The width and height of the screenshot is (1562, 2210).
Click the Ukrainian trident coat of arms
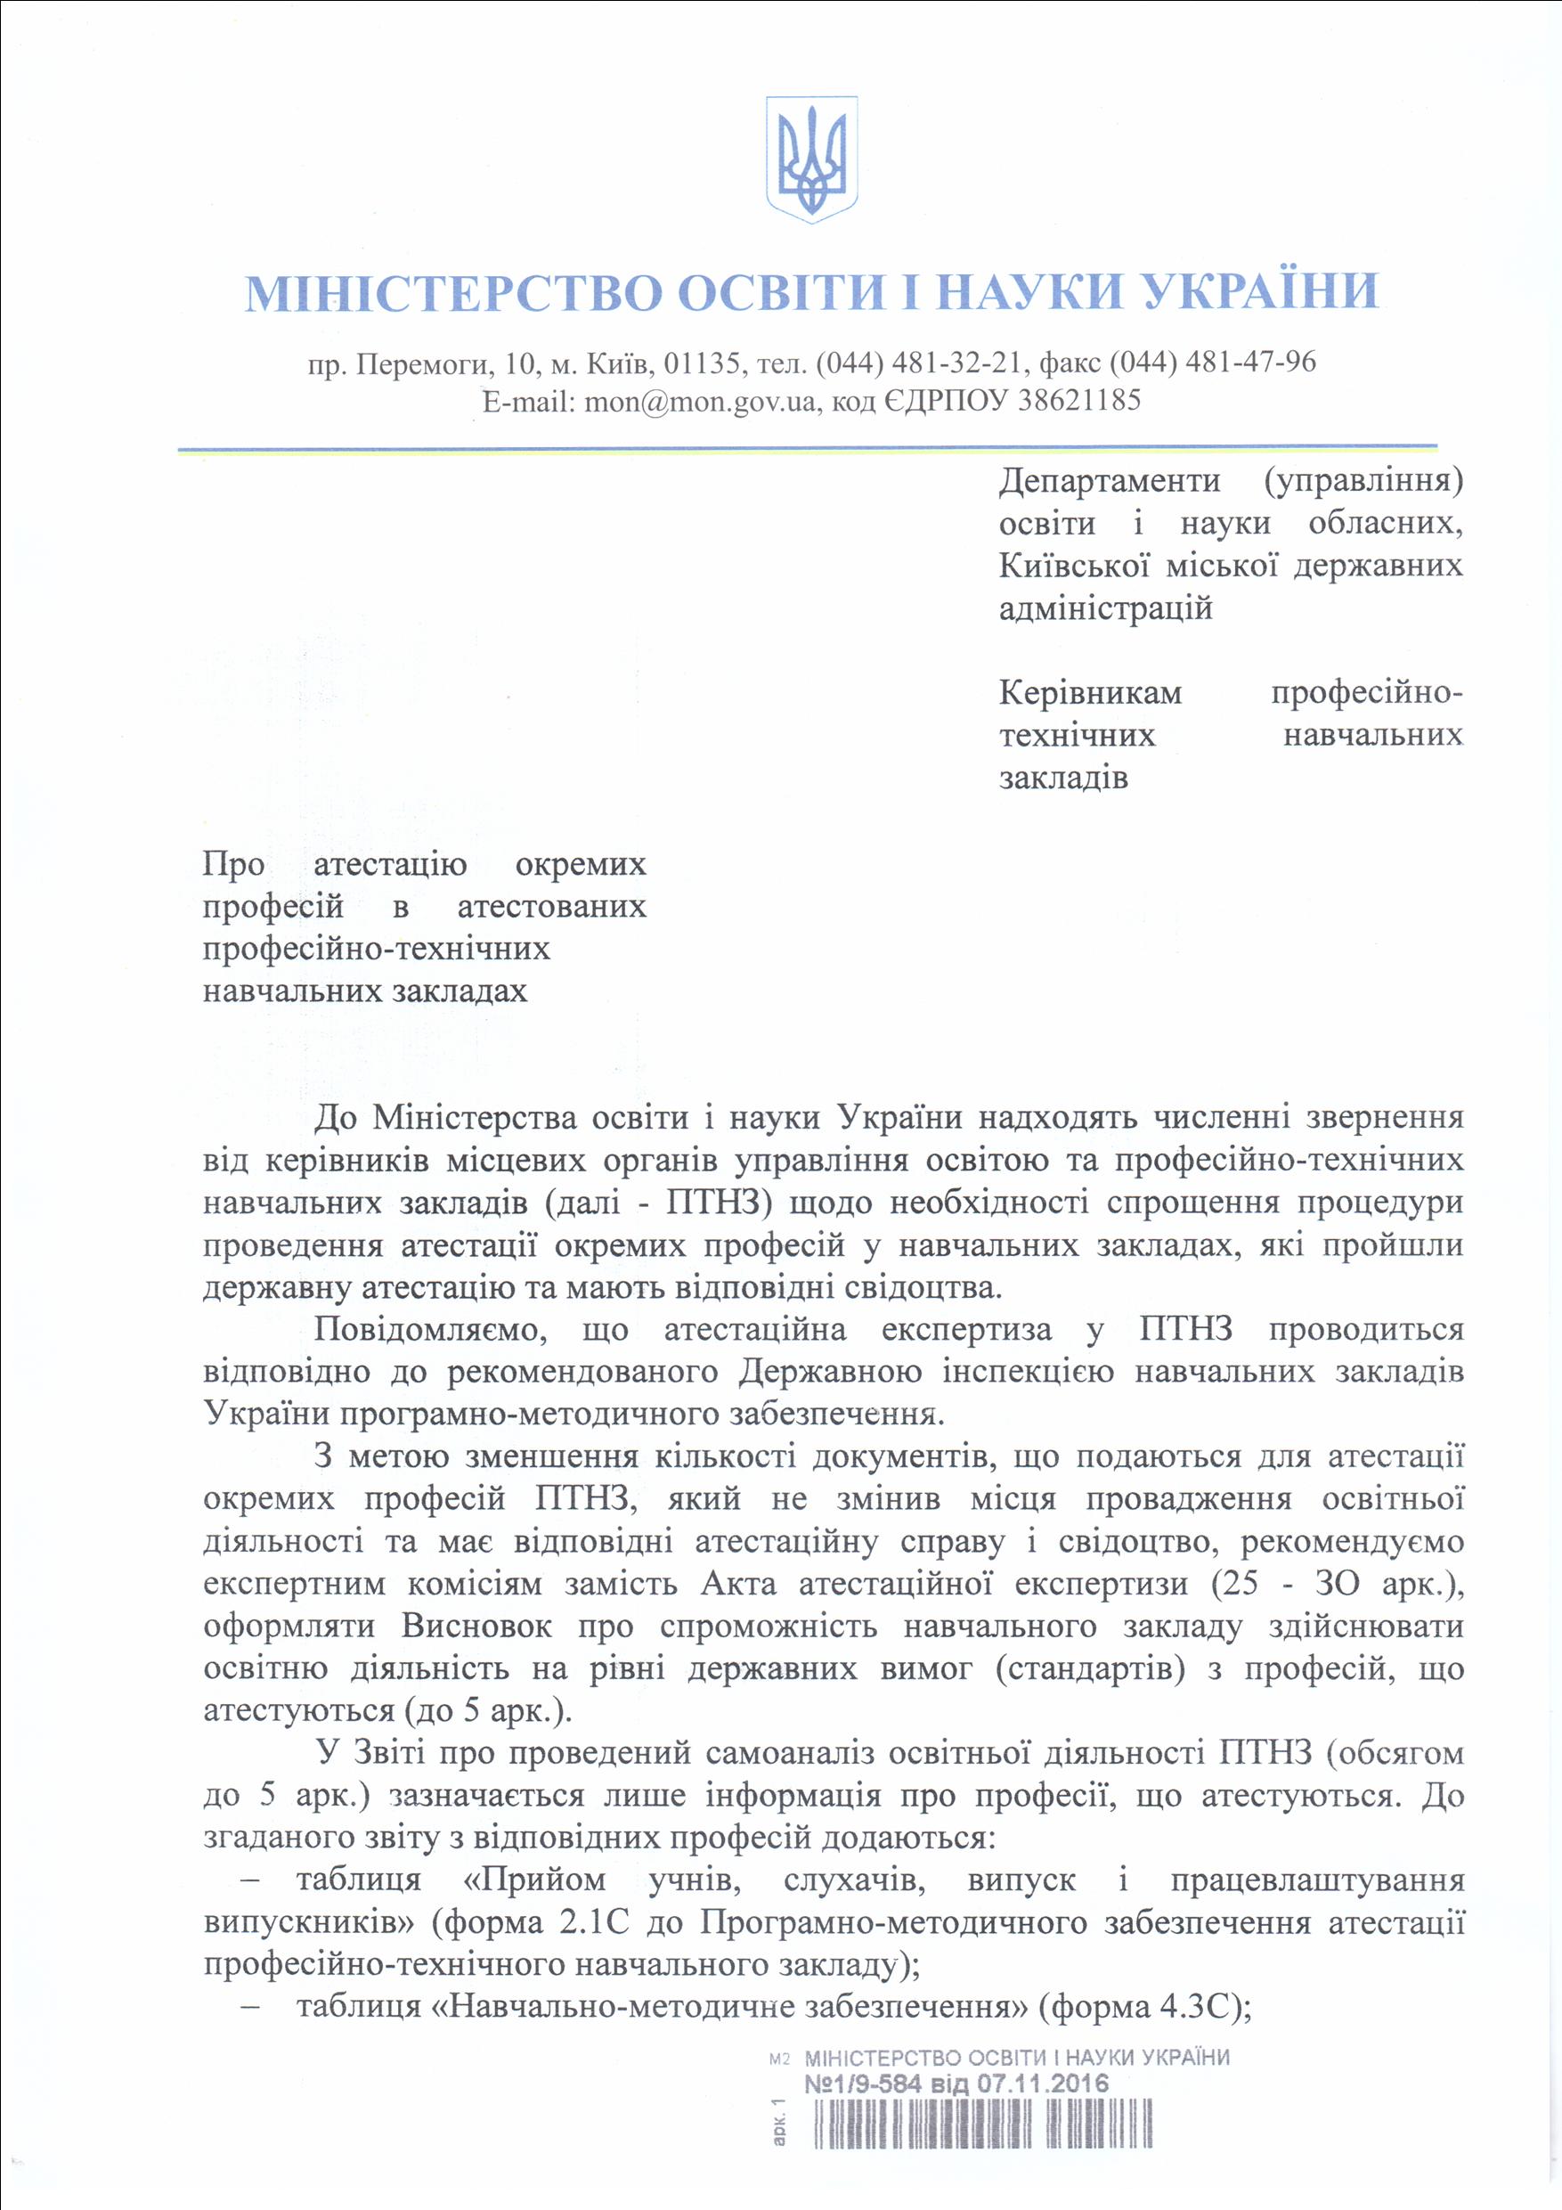(812, 159)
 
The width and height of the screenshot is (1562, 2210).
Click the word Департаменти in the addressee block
(1110, 480)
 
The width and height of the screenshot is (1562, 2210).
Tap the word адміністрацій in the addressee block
(1105, 608)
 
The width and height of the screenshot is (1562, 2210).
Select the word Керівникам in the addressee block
(1090, 693)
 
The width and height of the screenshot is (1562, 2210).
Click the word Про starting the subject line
(233, 864)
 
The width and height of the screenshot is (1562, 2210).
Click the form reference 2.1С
(593, 1922)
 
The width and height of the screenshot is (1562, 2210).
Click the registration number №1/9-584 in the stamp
(861, 2084)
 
